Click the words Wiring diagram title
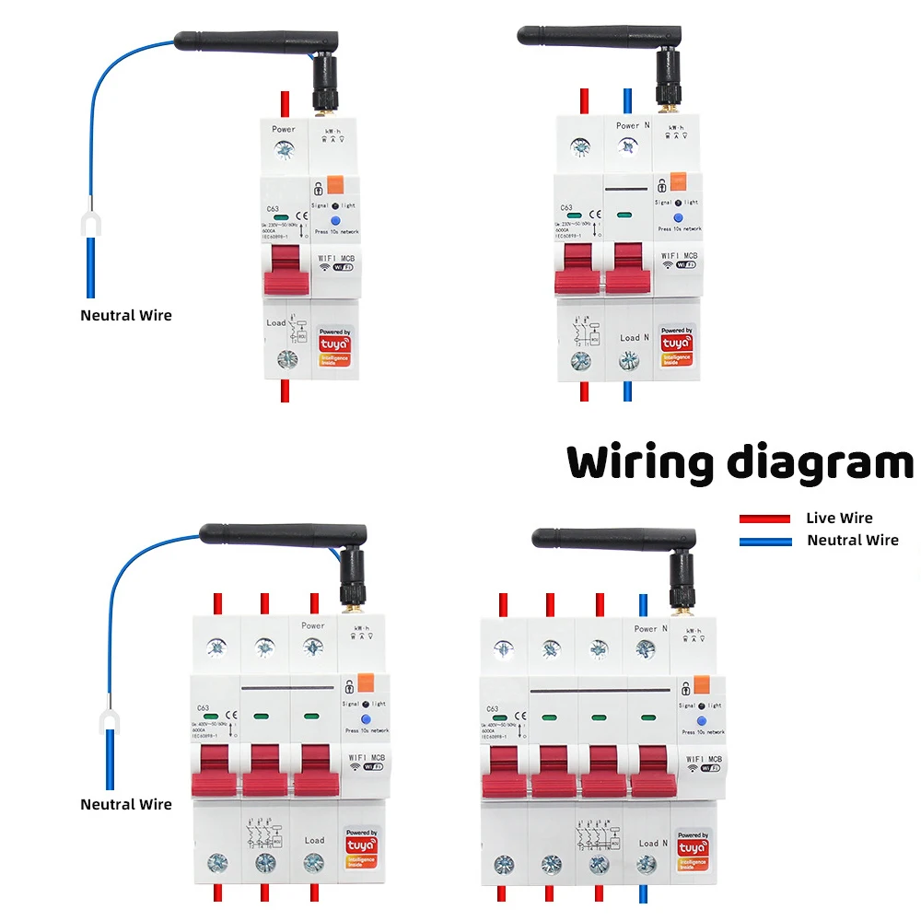click(740, 462)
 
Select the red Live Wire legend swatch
click(764, 519)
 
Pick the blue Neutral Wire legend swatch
click(764, 542)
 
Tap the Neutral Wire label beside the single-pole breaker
click(126, 315)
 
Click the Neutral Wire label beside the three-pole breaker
click(126, 804)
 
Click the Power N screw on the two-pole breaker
click(628, 146)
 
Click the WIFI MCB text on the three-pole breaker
click(362, 758)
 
